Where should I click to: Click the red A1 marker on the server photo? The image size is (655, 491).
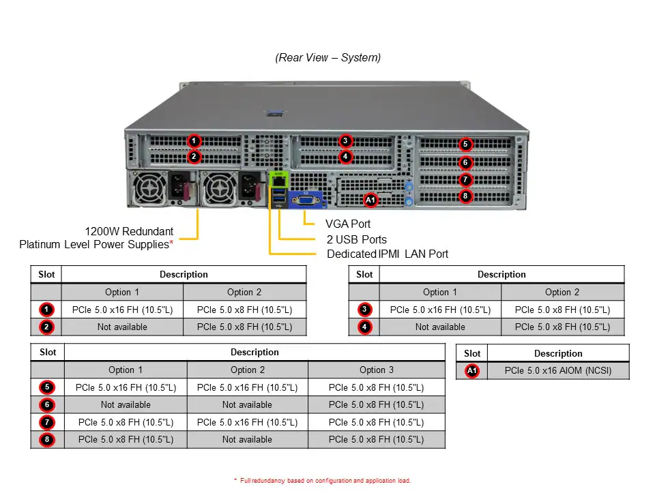pyautogui.click(x=370, y=200)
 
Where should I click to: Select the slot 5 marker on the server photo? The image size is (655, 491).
pyautogui.click(x=465, y=144)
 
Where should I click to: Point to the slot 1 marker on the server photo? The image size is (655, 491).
pyautogui.click(x=194, y=141)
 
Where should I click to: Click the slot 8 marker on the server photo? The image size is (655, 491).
pyautogui.click(x=465, y=196)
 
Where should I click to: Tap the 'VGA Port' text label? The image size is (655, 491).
pyautogui.click(x=348, y=224)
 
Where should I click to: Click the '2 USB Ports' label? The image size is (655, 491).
pyautogui.click(x=356, y=239)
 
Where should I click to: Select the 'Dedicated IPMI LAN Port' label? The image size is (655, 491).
pyautogui.click(x=388, y=254)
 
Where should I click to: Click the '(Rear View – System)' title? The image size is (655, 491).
pyautogui.click(x=327, y=57)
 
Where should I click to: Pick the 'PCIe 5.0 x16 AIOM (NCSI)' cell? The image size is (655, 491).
pyautogui.click(x=558, y=371)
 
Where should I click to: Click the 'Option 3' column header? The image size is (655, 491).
pyautogui.click(x=376, y=370)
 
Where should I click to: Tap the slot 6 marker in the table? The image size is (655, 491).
pyautogui.click(x=47, y=404)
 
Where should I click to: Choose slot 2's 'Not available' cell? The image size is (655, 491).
pyautogui.click(x=122, y=327)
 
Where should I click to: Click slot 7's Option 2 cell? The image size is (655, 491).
pyautogui.click(x=247, y=422)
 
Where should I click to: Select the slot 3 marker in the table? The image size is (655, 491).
pyautogui.click(x=365, y=310)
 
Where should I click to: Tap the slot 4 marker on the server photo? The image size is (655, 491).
pyautogui.click(x=346, y=157)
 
